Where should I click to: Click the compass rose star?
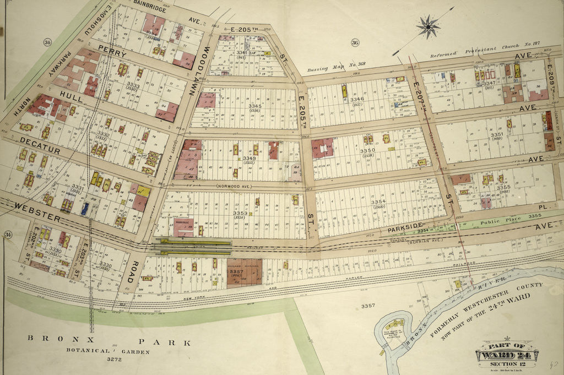point(428,26)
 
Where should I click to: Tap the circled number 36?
point(355,43)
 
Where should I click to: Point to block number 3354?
point(378,203)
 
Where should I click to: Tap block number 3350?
point(367,150)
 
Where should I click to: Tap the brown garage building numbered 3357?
point(244,273)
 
